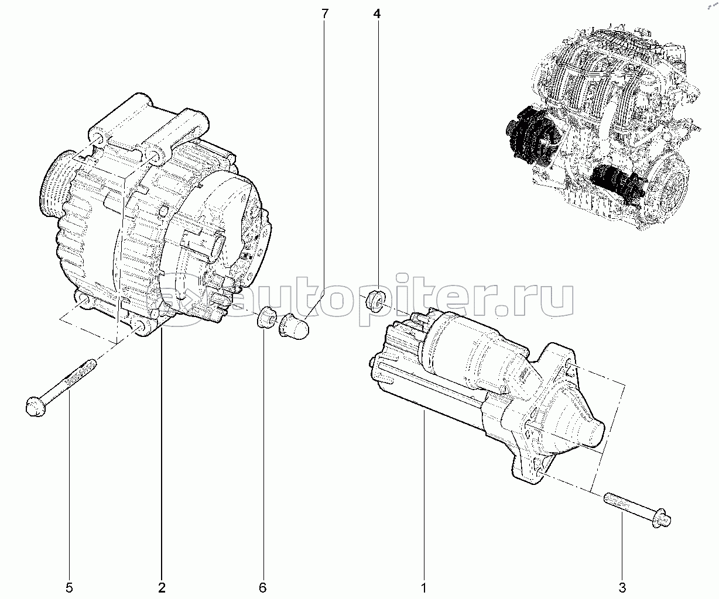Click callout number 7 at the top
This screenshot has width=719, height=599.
tap(325, 14)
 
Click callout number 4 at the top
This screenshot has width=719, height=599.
tap(377, 14)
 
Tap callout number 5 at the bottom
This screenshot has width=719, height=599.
tap(69, 588)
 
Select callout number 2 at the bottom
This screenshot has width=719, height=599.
tap(162, 588)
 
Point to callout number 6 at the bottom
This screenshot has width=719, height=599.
tap(263, 588)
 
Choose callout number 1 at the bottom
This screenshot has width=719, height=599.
tap(424, 588)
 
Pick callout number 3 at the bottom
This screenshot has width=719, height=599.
tap(622, 588)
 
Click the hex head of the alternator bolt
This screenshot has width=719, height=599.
tap(35, 407)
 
